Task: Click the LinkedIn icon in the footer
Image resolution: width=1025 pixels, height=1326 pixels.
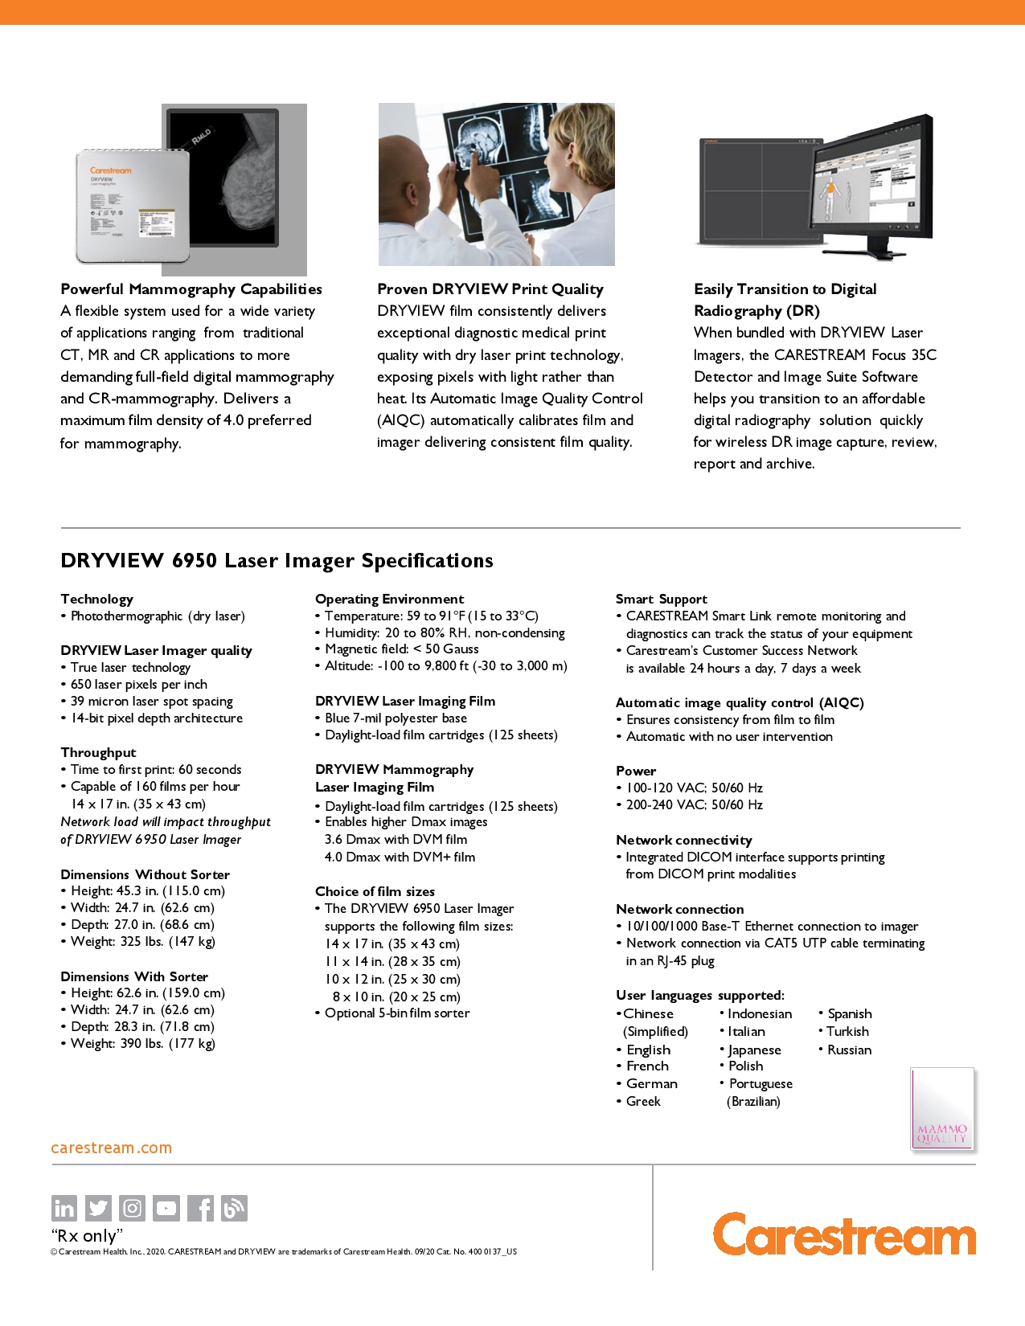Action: click(64, 1208)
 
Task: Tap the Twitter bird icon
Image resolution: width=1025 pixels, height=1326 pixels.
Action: click(98, 1208)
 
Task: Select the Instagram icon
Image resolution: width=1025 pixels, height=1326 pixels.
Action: click(133, 1208)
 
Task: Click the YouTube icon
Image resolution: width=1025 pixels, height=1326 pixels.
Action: click(166, 1208)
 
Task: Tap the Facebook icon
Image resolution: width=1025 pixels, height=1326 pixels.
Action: click(201, 1208)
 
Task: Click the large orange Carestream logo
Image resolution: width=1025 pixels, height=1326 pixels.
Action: click(844, 1234)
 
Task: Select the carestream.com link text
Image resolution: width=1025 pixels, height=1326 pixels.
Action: click(111, 1148)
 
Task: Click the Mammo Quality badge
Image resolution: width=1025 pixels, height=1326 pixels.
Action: click(942, 1109)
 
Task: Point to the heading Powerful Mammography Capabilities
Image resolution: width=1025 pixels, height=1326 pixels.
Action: click(191, 289)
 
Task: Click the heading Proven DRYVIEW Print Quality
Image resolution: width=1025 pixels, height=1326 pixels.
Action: click(490, 289)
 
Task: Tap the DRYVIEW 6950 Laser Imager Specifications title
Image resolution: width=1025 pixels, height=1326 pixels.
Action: click(277, 561)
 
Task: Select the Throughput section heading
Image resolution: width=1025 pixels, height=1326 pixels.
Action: click(98, 752)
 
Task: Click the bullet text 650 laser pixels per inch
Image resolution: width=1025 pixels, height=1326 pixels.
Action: click(138, 684)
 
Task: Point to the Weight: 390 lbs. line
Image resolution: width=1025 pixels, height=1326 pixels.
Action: click(142, 1043)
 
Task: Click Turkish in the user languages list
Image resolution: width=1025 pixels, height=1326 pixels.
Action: click(847, 1031)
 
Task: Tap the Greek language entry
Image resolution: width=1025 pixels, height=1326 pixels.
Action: click(643, 1101)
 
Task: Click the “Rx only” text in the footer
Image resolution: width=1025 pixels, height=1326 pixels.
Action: click(87, 1235)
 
